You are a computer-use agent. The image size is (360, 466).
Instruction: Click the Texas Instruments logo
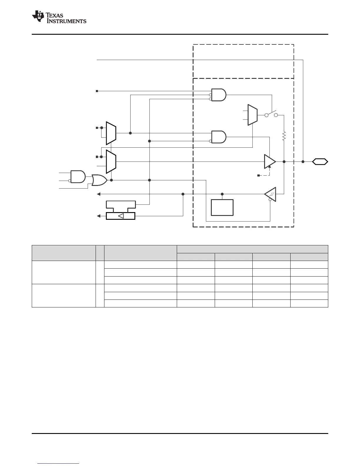coord(59,17)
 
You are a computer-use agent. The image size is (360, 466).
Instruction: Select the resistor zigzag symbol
coord(284,136)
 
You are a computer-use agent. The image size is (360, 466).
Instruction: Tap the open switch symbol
coord(271,115)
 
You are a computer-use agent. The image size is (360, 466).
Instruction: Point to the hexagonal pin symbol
coord(320,162)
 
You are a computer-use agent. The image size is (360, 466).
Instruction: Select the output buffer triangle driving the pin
coord(270,162)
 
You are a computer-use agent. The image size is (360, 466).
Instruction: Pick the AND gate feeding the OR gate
coord(78,177)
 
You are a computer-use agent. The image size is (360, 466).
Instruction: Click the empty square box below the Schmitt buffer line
coord(222,208)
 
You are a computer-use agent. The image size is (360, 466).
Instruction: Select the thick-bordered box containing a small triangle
coord(120,216)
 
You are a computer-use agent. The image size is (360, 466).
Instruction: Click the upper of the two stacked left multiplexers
coord(111,133)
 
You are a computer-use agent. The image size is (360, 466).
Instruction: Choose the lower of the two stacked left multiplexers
coord(111,162)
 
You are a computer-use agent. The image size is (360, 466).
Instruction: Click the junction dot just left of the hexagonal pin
coord(303,162)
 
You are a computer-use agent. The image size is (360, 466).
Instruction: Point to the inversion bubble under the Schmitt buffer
coord(270,200)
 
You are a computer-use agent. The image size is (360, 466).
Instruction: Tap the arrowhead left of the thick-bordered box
coord(99,216)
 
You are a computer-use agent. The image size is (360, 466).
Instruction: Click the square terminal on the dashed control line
coord(259,176)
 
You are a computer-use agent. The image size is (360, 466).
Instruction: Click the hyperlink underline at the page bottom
coord(59,464)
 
